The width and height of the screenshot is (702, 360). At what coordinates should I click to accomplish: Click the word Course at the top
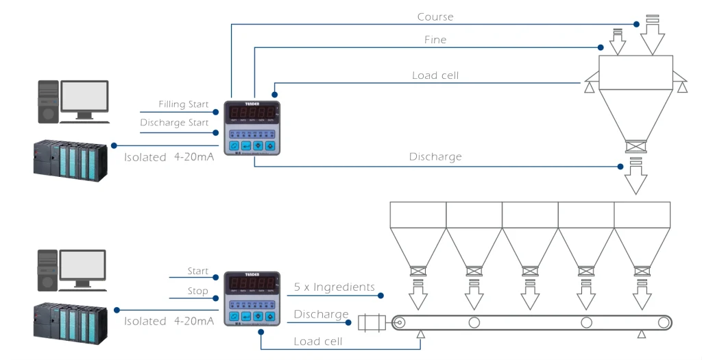click(435, 16)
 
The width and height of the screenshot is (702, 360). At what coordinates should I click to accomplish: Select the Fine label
click(435, 40)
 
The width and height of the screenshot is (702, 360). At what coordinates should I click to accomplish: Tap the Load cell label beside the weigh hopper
click(435, 75)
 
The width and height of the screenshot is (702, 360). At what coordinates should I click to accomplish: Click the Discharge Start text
click(174, 123)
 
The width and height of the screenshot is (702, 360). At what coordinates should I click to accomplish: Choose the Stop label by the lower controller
click(197, 291)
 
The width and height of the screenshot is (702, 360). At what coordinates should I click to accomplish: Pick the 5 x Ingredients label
click(335, 287)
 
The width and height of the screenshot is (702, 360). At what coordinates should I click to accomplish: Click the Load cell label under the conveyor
click(318, 341)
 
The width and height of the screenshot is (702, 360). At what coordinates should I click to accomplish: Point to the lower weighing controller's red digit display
click(252, 282)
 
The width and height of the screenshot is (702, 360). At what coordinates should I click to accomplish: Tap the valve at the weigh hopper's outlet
click(636, 146)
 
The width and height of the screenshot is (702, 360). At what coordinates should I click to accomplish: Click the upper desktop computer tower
click(48, 101)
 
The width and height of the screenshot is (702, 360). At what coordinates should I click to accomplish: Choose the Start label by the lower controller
click(198, 272)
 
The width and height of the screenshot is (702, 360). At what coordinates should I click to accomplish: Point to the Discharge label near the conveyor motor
click(322, 314)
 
